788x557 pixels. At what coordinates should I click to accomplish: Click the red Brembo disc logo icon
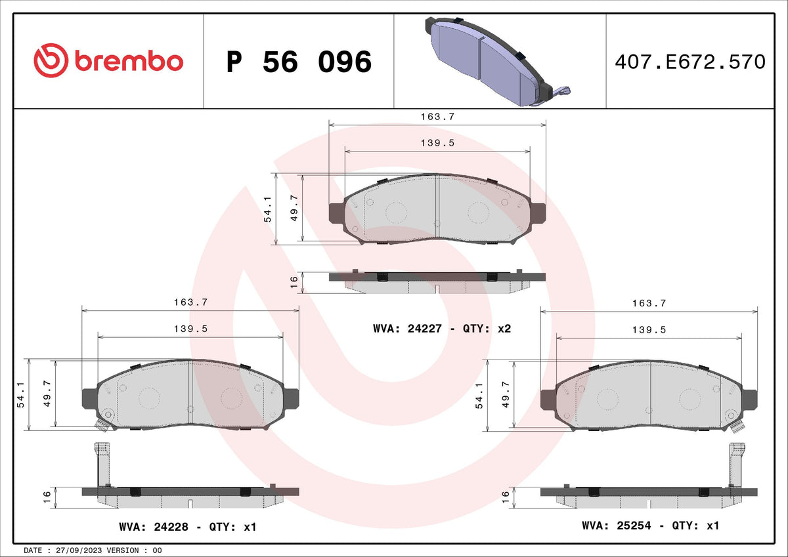51,60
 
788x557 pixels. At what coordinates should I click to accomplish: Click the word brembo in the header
129,61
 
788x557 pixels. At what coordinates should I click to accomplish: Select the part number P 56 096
299,62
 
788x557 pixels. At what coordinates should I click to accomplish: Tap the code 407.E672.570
690,62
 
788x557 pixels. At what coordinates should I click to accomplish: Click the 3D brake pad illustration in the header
498,61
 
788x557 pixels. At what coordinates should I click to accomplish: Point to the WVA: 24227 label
407,329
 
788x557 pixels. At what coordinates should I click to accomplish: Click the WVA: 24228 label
154,527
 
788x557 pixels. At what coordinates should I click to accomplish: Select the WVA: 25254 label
617,526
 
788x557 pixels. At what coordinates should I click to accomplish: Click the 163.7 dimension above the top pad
437,117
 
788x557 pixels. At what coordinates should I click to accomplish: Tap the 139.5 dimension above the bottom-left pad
190,329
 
